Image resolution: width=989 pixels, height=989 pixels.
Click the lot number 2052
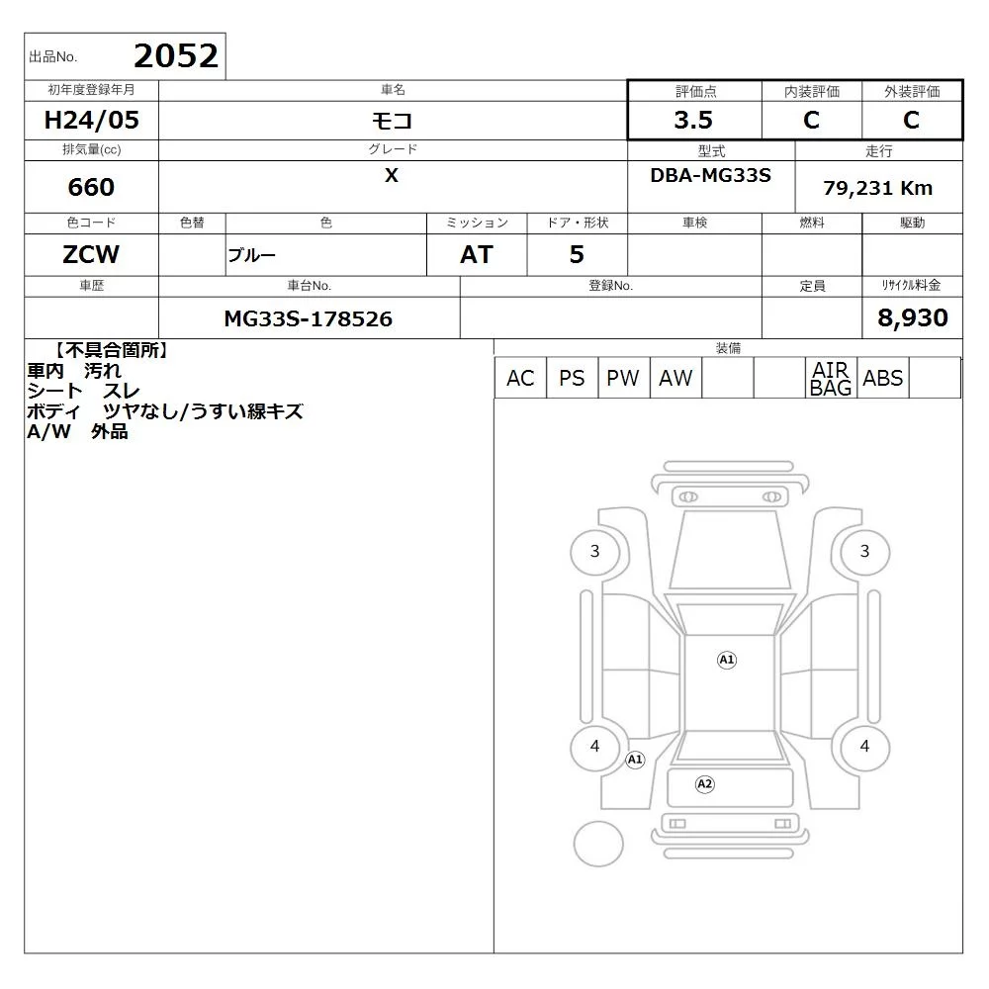tap(176, 56)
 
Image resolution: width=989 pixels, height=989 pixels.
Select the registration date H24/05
tap(91, 120)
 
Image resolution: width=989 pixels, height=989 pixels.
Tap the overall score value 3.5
tap(693, 120)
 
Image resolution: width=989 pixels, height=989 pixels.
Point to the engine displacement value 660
tap(91, 187)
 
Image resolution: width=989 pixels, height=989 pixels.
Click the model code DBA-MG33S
tap(710, 175)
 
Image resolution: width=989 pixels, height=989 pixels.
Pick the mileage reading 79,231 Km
tap(877, 188)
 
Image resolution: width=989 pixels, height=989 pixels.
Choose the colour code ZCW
tap(91, 254)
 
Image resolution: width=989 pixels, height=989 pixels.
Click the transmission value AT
tap(477, 254)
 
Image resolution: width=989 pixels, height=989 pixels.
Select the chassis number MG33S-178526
tap(309, 318)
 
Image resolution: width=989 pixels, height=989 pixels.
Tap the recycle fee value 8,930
tap(913, 317)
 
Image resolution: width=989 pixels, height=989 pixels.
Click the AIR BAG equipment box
tap(831, 378)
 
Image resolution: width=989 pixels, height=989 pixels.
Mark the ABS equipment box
tap(883, 378)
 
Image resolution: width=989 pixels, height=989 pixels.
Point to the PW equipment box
tap(623, 378)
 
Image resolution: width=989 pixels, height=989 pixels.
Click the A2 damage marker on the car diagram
tap(704, 784)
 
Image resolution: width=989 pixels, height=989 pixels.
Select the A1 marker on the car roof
tap(727, 660)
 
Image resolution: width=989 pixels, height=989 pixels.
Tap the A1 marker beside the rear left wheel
tap(635, 760)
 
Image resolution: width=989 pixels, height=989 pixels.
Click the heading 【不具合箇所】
tap(111, 350)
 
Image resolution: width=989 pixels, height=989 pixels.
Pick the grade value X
tap(392, 175)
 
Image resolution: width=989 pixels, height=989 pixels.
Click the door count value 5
tap(577, 254)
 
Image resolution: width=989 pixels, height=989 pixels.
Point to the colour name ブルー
tap(251, 255)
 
